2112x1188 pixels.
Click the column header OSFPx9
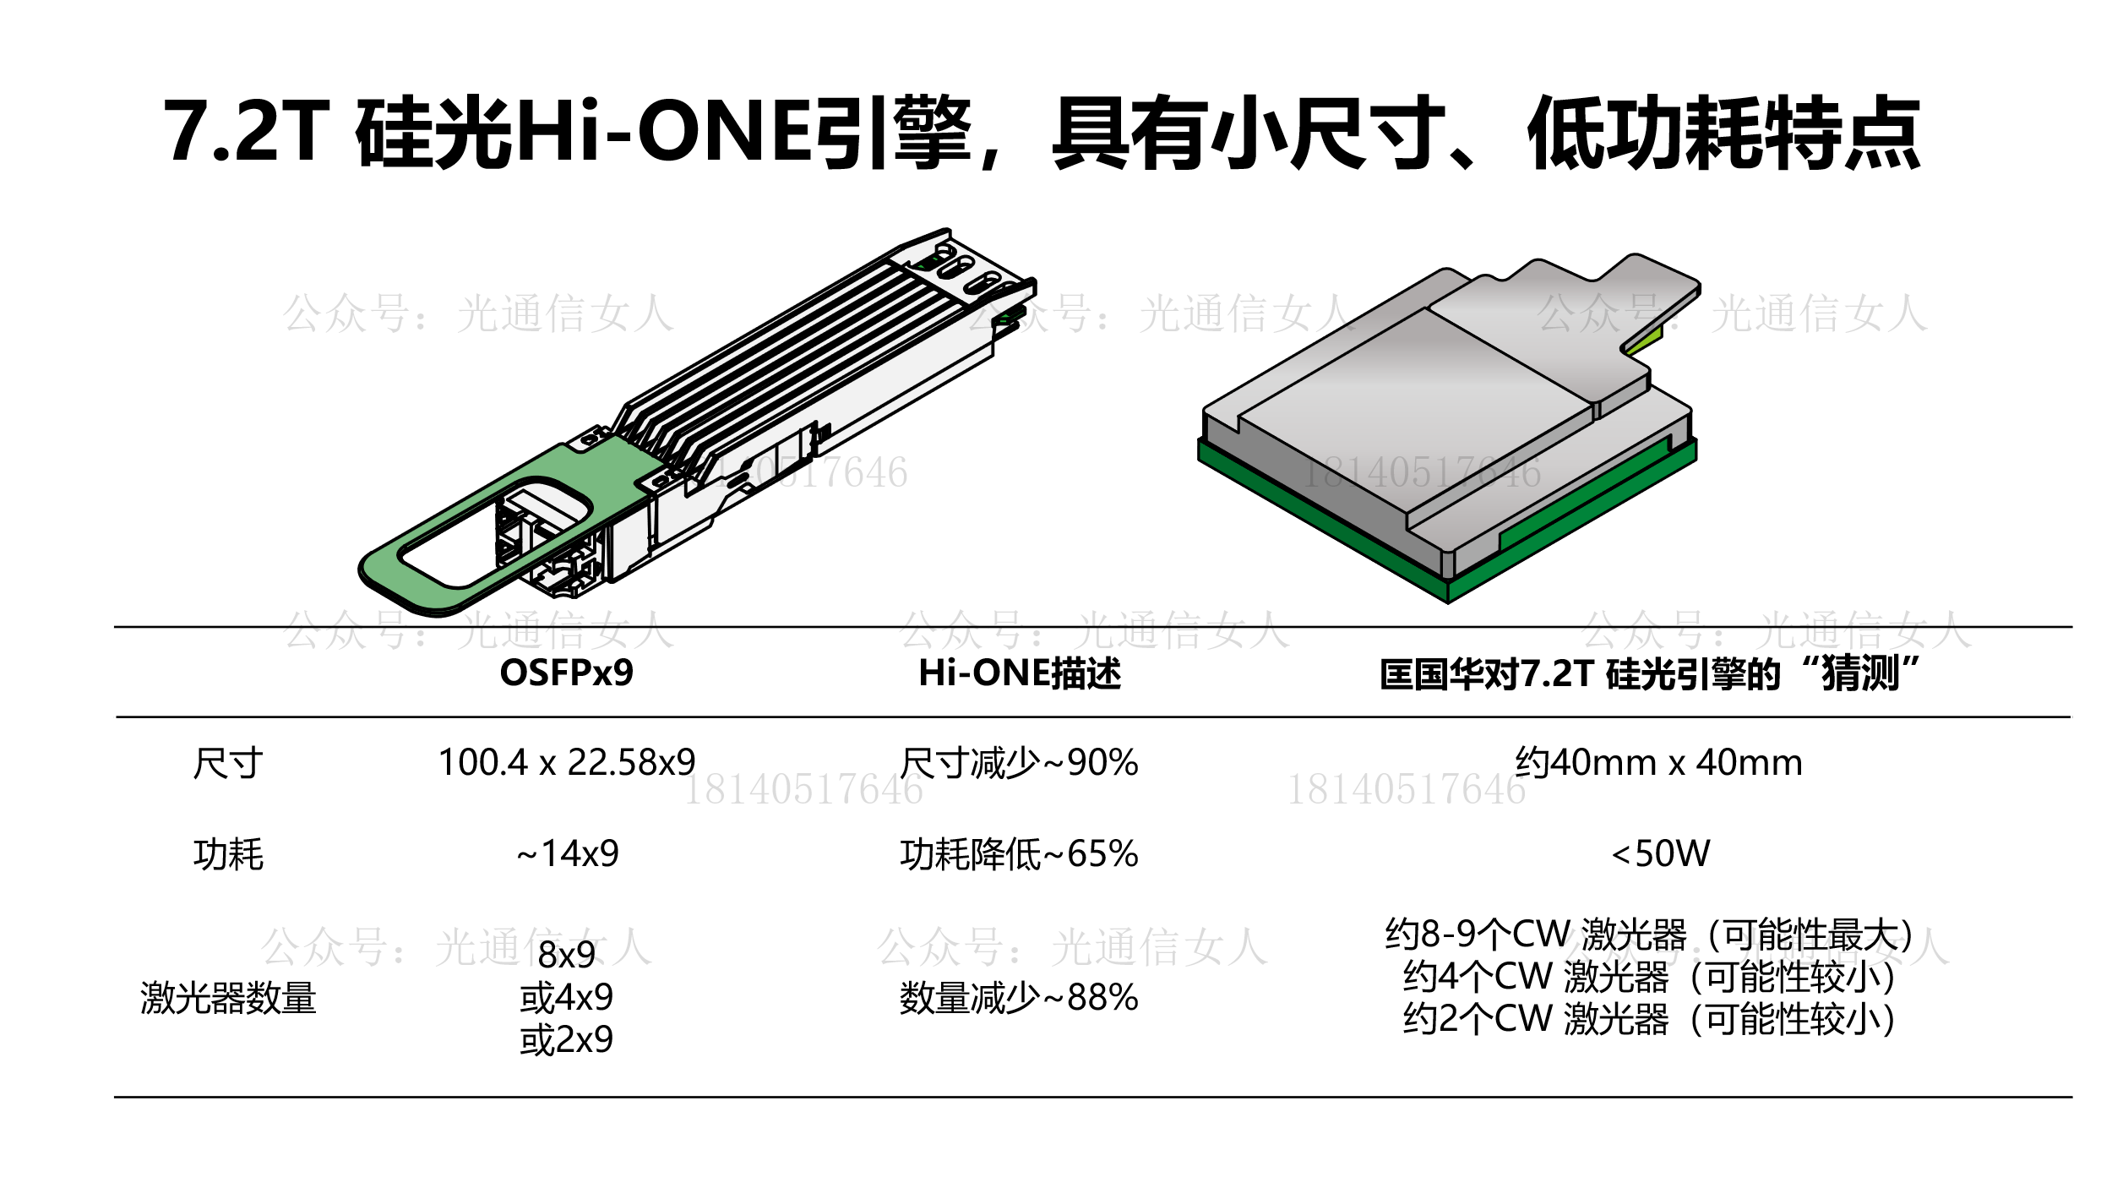click(x=566, y=673)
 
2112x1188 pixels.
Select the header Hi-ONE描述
click(x=1020, y=673)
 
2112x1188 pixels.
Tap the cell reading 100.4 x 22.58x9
click(x=567, y=762)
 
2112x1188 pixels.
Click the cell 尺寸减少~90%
click(x=1019, y=763)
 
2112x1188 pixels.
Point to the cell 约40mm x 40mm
click(x=1658, y=762)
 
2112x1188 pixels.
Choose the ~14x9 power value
click(x=567, y=853)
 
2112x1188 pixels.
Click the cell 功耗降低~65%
click(x=1019, y=854)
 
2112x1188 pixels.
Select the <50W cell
click(x=1661, y=853)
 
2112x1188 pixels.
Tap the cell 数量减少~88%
click(x=1019, y=998)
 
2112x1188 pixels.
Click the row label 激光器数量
click(x=228, y=998)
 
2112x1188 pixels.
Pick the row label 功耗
click(x=228, y=854)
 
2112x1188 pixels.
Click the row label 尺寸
click(x=228, y=764)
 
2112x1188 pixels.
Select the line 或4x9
click(x=566, y=997)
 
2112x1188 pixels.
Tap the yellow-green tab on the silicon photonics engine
click(x=1644, y=340)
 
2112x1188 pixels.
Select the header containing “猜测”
click(x=1650, y=673)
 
